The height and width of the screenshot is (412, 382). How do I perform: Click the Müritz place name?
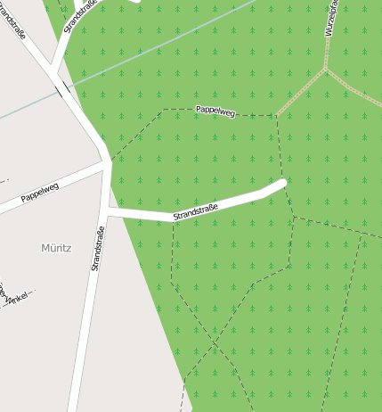tap(55, 247)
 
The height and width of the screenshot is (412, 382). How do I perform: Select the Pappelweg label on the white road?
tap(39, 192)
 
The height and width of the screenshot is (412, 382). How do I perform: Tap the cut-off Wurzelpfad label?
tap(331, 18)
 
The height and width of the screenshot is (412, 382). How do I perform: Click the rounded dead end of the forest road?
tap(283, 184)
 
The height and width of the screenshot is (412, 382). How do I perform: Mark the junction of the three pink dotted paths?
tap(326, 68)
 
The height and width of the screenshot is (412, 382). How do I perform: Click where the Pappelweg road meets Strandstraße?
tap(108, 164)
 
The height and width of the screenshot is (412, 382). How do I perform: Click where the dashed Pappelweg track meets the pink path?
tap(276, 116)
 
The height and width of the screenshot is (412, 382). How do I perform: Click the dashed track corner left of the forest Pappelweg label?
tap(163, 110)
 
